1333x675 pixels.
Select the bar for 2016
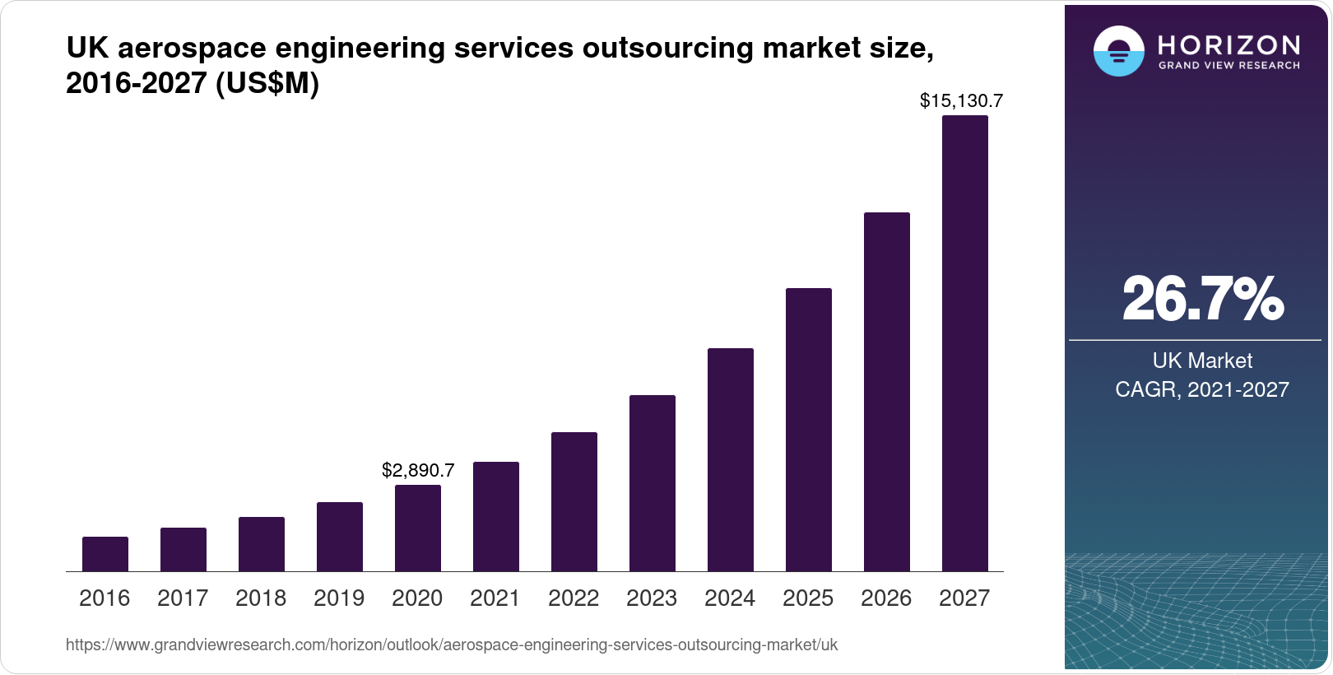tap(105, 554)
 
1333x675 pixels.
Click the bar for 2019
tap(340, 537)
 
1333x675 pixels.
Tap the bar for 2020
tap(418, 528)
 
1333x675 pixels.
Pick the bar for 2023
tap(653, 483)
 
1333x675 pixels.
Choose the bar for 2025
tap(809, 430)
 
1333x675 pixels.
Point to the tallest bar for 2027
tap(965, 343)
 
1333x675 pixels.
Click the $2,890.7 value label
tap(418, 471)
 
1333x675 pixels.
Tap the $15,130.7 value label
tap(961, 101)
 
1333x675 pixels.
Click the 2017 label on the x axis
tap(183, 598)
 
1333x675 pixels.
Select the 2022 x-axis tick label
tap(574, 598)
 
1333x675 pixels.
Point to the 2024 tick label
tap(730, 598)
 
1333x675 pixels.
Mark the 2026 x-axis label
tap(886, 598)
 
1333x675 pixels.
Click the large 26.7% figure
tap(1202, 299)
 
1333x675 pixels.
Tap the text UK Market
tap(1202, 361)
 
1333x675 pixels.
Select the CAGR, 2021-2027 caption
tap(1202, 389)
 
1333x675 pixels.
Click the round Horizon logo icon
tap(1118, 51)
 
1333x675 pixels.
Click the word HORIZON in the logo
tap(1229, 44)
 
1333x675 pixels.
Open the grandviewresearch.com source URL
tap(452, 645)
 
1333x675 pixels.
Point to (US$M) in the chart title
tap(267, 83)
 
